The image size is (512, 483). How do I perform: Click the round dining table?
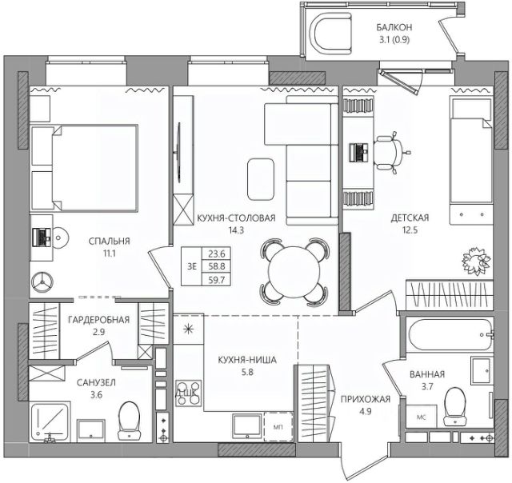[x=294, y=272]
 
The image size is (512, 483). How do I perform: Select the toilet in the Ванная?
[x=455, y=405]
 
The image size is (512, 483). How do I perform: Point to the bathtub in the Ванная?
[x=449, y=334]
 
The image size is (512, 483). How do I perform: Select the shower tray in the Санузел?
[x=50, y=422]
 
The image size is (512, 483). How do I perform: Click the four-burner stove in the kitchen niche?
[x=188, y=393]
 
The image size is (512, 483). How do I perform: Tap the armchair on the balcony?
[x=332, y=34]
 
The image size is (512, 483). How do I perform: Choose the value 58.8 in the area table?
[x=217, y=266]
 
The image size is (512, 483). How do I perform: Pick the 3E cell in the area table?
[x=192, y=266]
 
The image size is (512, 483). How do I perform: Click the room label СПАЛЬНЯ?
[x=110, y=241]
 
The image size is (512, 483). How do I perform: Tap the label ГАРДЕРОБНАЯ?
[x=99, y=320]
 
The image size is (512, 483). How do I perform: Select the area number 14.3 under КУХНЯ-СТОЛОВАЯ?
[x=236, y=230]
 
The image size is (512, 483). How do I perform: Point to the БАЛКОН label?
[x=394, y=27]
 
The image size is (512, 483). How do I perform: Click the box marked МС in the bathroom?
[x=422, y=416]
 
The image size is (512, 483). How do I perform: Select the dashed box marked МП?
[x=278, y=426]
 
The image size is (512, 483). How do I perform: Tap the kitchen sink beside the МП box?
[x=247, y=426]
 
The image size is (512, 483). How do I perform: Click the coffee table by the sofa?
[x=261, y=179]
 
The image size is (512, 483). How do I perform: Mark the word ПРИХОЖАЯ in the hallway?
[x=366, y=399]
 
